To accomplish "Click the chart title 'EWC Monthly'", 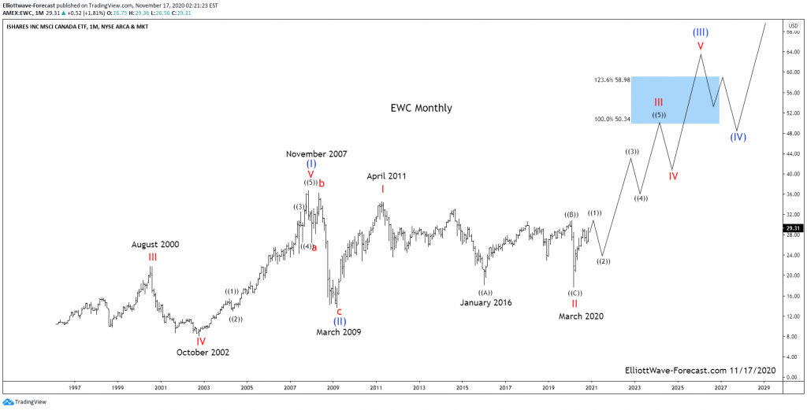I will (x=421, y=108).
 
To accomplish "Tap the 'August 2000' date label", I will (x=155, y=245).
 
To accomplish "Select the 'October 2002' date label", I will (x=203, y=353).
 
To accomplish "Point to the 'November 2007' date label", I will (x=316, y=154).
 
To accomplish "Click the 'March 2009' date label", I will (x=339, y=332).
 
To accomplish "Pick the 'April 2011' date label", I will (x=386, y=176).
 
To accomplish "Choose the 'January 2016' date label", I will (x=486, y=302).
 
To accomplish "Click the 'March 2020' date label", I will (x=581, y=316).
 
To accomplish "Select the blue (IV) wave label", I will (x=738, y=137).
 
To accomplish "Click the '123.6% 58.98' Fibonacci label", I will (x=612, y=80).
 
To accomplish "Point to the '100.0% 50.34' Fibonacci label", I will (x=612, y=119).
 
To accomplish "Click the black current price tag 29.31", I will (x=792, y=228).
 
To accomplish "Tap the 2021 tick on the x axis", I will (x=591, y=387).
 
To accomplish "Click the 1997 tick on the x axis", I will (x=75, y=387).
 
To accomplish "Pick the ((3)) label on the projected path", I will (x=632, y=151).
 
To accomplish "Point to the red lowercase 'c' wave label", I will (x=339, y=312).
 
